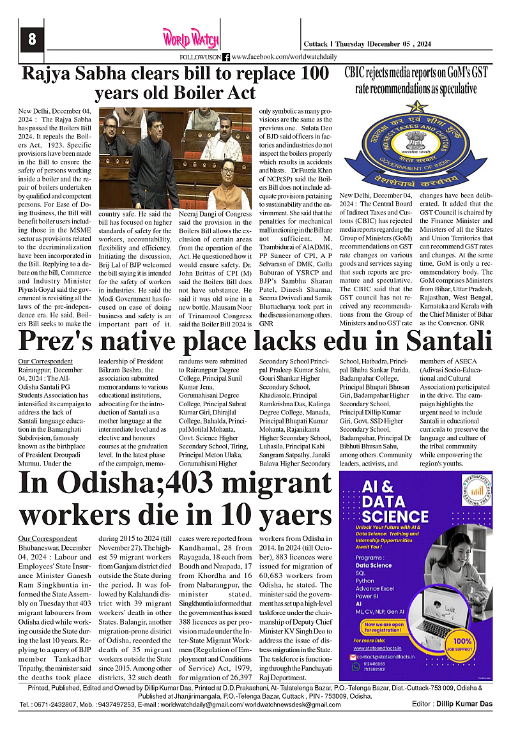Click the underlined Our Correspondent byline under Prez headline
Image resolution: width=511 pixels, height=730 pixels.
click(45, 361)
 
